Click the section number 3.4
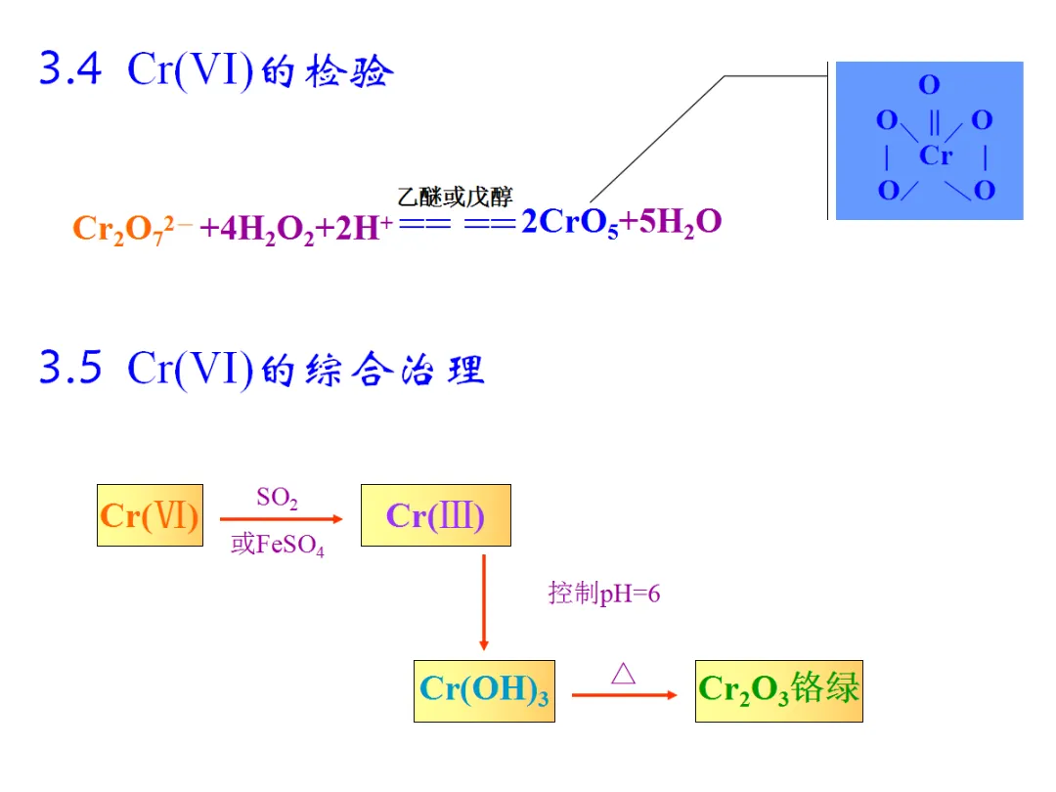tap(70, 71)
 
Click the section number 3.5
tap(70, 369)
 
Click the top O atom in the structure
tap(929, 86)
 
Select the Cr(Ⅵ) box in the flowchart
tap(150, 515)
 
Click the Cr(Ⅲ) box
tap(435, 515)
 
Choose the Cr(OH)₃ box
tap(484, 691)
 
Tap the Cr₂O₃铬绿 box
tap(778, 689)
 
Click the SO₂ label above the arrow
tap(277, 499)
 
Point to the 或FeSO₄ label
tap(278, 546)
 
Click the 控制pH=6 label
tap(604, 594)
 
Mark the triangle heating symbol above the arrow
tap(623, 673)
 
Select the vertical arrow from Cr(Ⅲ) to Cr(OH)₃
tap(483, 601)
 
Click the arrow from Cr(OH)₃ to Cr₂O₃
tap(624, 694)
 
